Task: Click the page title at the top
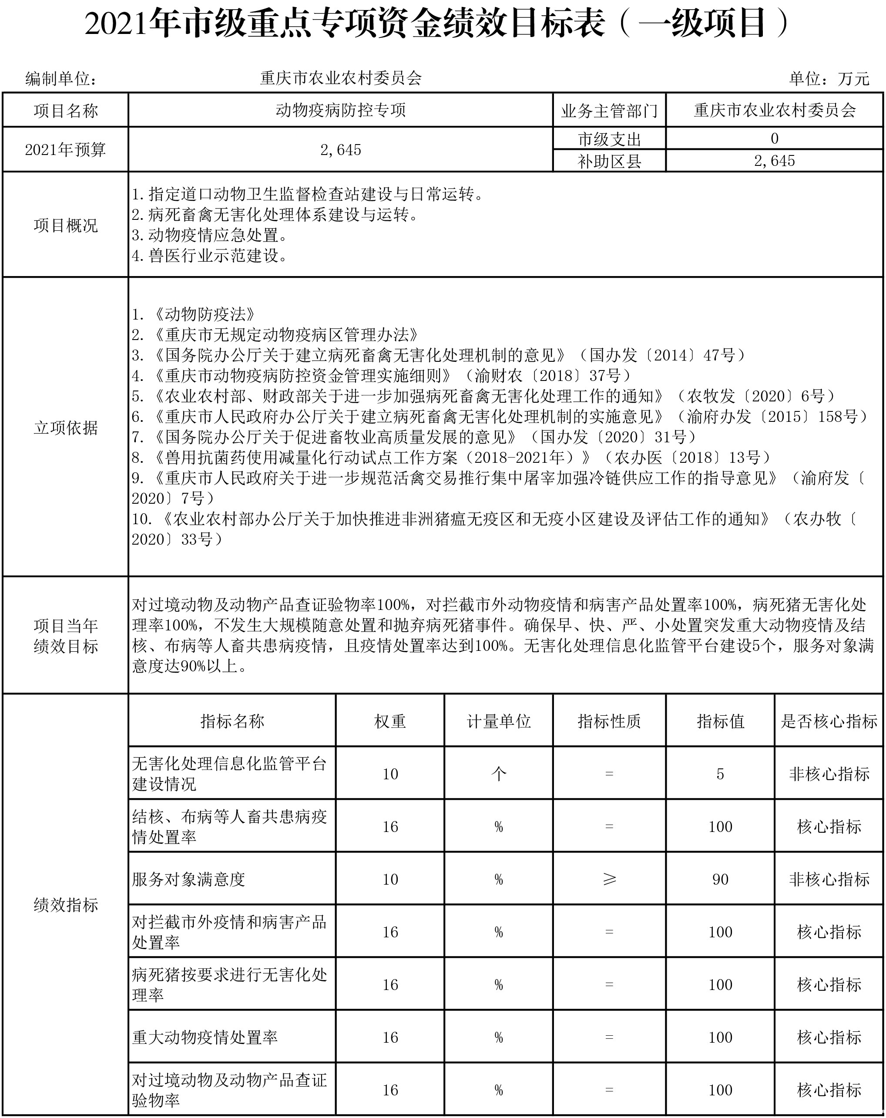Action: point(436,24)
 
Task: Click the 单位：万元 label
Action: point(829,79)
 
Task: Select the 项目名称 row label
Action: point(65,111)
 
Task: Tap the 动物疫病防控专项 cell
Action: point(341,111)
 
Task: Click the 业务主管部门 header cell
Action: point(609,111)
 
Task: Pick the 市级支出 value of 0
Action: point(774,138)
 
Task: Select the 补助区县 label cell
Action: point(609,161)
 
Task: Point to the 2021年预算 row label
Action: point(65,150)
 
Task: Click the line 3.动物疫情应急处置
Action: point(209,235)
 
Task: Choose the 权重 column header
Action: point(390,721)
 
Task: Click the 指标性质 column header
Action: point(609,721)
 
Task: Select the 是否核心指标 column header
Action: point(829,721)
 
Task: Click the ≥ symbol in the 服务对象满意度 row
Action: point(609,879)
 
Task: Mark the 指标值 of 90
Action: point(720,879)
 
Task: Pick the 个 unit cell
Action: point(498,774)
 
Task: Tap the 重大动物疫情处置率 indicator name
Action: point(205,1037)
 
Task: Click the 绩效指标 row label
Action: point(65,905)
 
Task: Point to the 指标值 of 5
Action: point(720,774)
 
